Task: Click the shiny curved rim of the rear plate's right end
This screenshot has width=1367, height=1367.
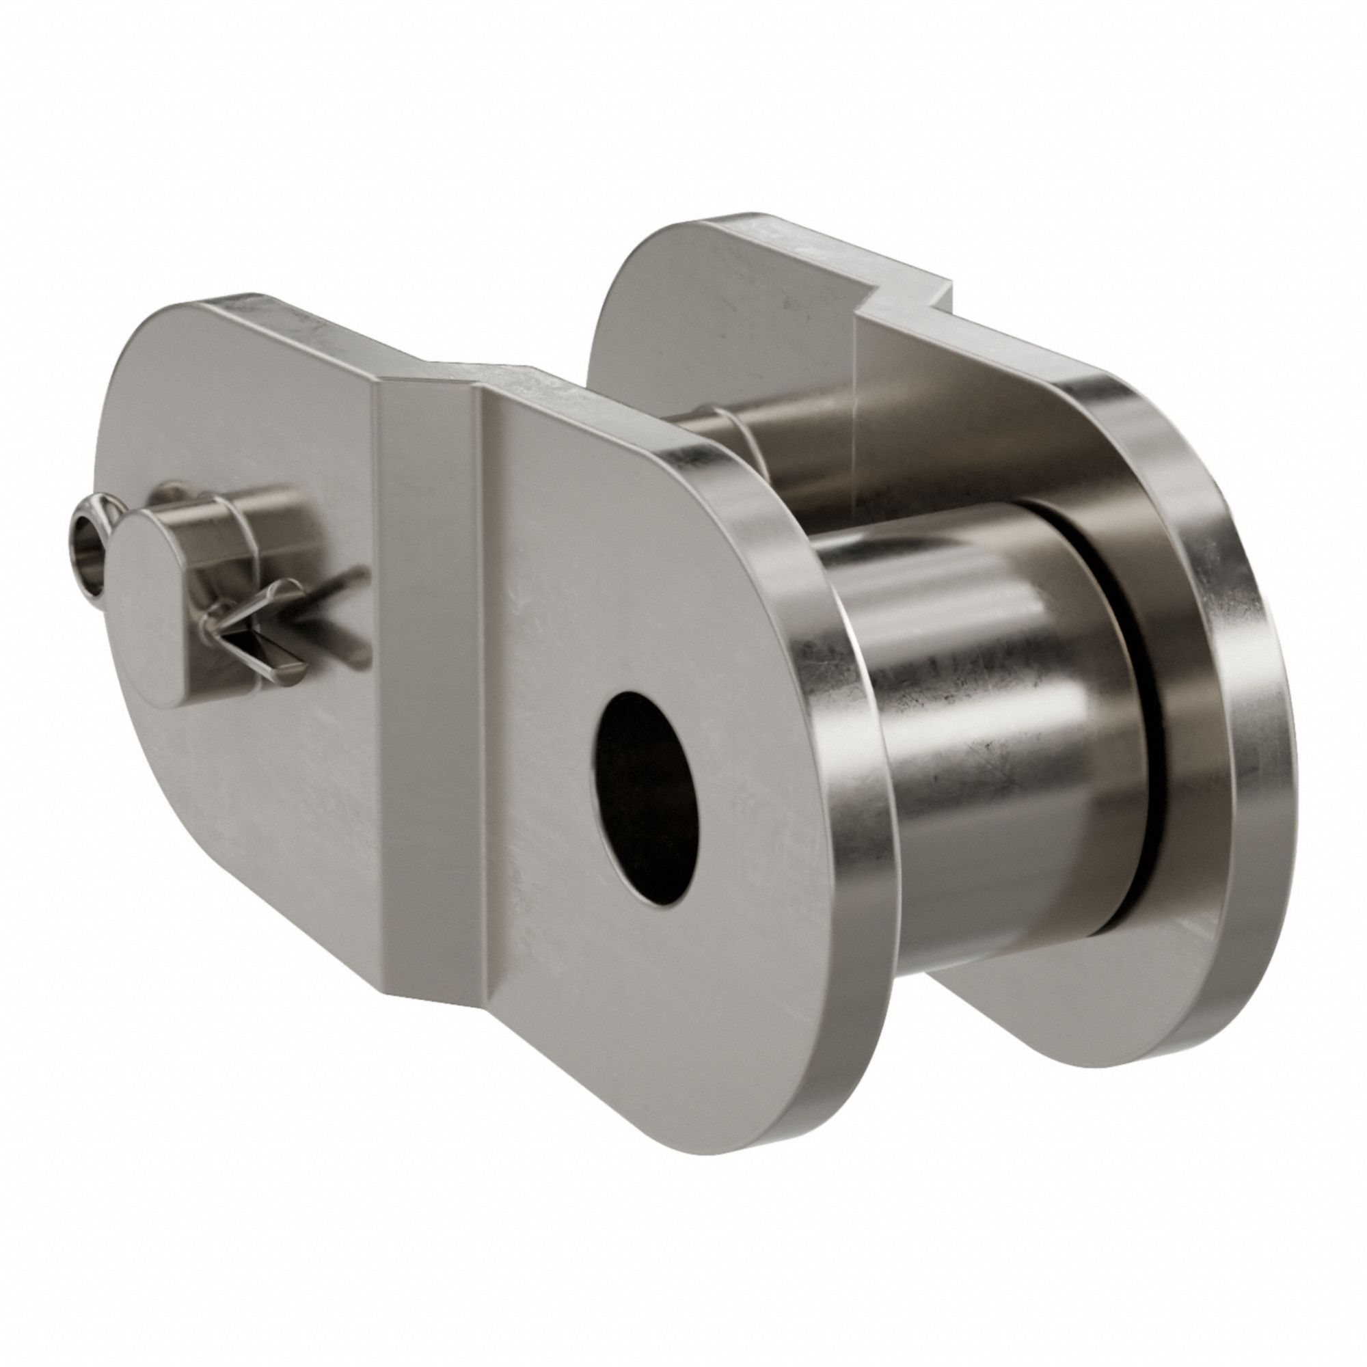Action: coord(1231,637)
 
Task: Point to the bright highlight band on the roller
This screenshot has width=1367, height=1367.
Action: coord(1026,637)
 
